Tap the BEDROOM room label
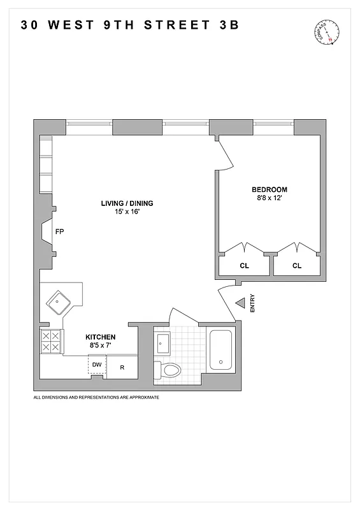(x=269, y=189)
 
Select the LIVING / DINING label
(x=127, y=203)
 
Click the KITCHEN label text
(x=101, y=337)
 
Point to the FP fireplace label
(x=60, y=231)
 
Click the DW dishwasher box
(x=97, y=365)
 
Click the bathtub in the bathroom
(x=222, y=354)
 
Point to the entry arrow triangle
(x=240, y=304)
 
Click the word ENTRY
(x=252, y=302)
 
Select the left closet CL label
(x=244, y=265)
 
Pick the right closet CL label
(x=297, y=265)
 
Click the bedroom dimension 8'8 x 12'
(x=269, y=198)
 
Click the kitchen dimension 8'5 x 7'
(x=101, y=345)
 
